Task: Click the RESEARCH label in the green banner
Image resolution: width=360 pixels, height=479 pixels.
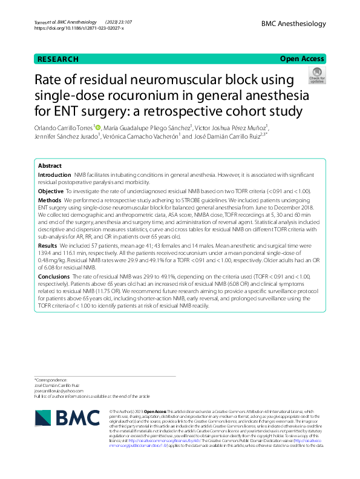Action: [58, 59]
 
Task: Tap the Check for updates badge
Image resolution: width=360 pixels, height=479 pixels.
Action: [317, 76]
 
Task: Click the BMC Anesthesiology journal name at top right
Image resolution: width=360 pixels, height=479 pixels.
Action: [293, 24]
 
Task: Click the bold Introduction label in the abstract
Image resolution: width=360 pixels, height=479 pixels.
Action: [54, 174]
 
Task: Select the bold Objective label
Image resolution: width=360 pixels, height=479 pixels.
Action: [51, 191]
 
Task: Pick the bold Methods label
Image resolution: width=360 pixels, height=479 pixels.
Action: [50, 199]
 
